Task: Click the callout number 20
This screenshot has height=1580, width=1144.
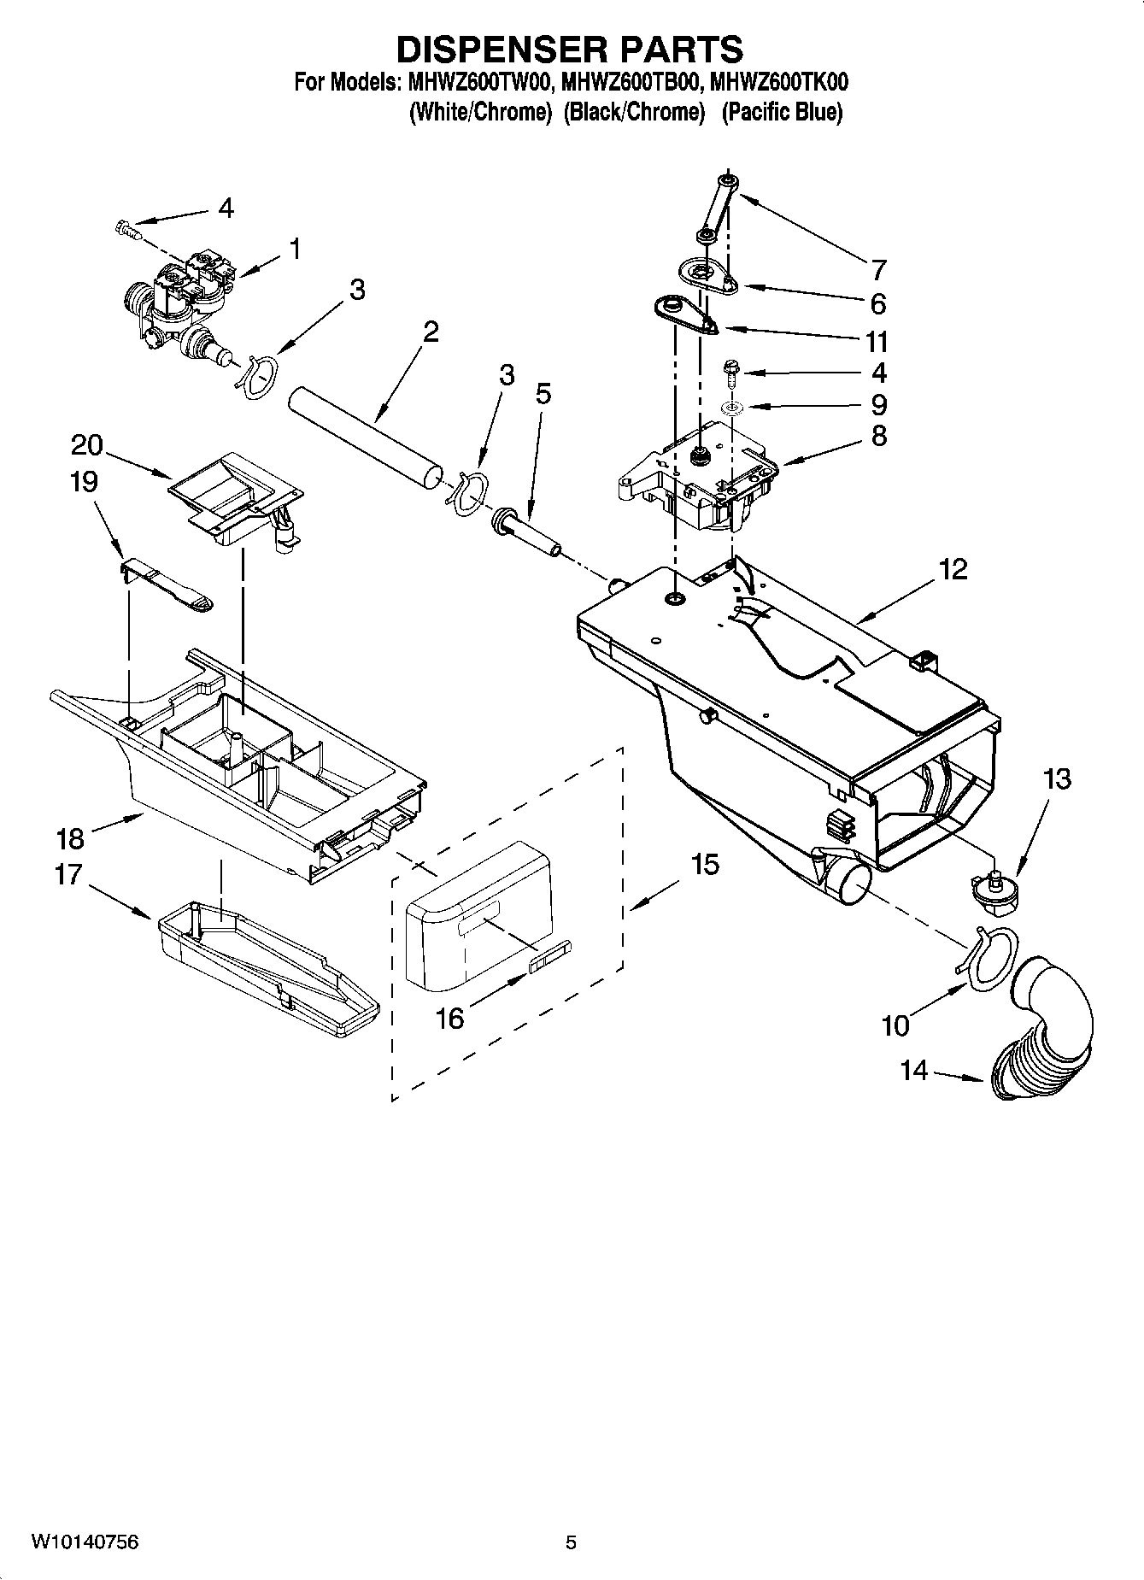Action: (x=87, y=445)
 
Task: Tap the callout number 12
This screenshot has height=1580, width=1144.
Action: (x=953, y=568)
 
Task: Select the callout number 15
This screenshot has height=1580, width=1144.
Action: (x=705, y=865)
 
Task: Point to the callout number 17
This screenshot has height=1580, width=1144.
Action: (x=68, y=875)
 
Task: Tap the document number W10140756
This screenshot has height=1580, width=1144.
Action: (x=85, y=1542)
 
